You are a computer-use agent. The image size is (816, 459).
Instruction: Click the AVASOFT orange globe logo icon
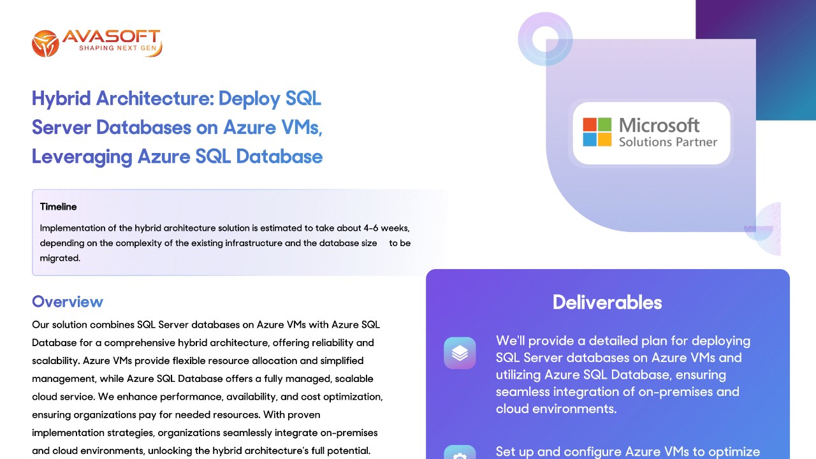coord(45,43)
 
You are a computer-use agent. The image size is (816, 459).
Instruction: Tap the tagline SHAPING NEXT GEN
coord(118,48)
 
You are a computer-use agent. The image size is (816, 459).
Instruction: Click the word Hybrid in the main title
coord(61,98)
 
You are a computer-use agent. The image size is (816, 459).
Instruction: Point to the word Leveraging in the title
coord(82,157)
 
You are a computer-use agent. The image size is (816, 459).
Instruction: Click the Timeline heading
coord(58,207)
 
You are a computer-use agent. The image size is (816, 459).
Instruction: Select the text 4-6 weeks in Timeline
coord(386,228)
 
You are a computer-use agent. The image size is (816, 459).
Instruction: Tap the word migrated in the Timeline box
coord(60,258)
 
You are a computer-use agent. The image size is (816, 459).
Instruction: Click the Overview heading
coord(68,302)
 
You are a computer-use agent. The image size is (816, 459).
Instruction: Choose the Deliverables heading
coord(608,302)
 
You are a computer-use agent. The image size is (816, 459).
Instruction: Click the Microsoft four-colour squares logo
coord(597,132)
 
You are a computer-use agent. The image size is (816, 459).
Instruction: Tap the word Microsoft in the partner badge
coord(659,126)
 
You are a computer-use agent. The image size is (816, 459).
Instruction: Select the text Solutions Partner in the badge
coord(668,142)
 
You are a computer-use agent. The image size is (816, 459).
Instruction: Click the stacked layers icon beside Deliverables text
coord(460,353)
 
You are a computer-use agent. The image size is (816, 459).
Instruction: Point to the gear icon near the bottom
coord(460,453)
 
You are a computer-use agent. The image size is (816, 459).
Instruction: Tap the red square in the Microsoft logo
coord(590,124)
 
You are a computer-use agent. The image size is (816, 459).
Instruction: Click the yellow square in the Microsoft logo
coord(605,140)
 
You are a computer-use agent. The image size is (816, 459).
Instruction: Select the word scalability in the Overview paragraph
coord(55,361)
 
